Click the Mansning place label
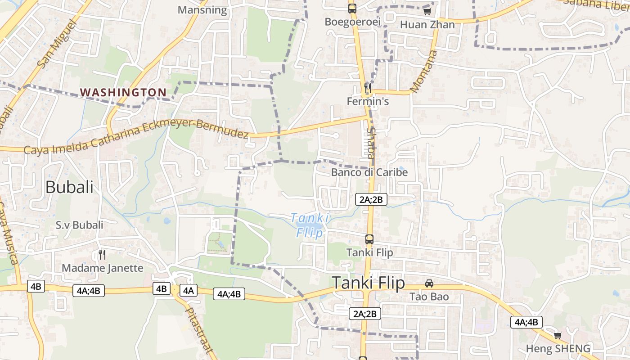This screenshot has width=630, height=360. (x=202, y=10)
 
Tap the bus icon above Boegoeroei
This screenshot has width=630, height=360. (x=352, y=8)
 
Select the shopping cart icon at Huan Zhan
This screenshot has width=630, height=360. (x=427, y=11)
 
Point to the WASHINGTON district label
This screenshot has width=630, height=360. (x=123, y=92)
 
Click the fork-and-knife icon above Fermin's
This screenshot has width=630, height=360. (x=368, y=88)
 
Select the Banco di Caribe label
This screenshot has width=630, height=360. (x=369, y=172)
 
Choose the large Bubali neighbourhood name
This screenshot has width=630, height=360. (x=69, y=187)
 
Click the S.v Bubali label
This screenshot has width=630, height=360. (x=79, y=225)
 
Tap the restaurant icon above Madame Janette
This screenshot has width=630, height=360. (x=102, y=255)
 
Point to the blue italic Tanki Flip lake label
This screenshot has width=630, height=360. (x=310, y=225)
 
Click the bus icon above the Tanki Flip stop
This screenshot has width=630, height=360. (x=369, y=239)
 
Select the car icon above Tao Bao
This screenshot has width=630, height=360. (x=429, y=283)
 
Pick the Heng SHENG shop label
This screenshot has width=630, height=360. (x=558, y=348)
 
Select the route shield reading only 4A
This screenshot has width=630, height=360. (x=188, y=290)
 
